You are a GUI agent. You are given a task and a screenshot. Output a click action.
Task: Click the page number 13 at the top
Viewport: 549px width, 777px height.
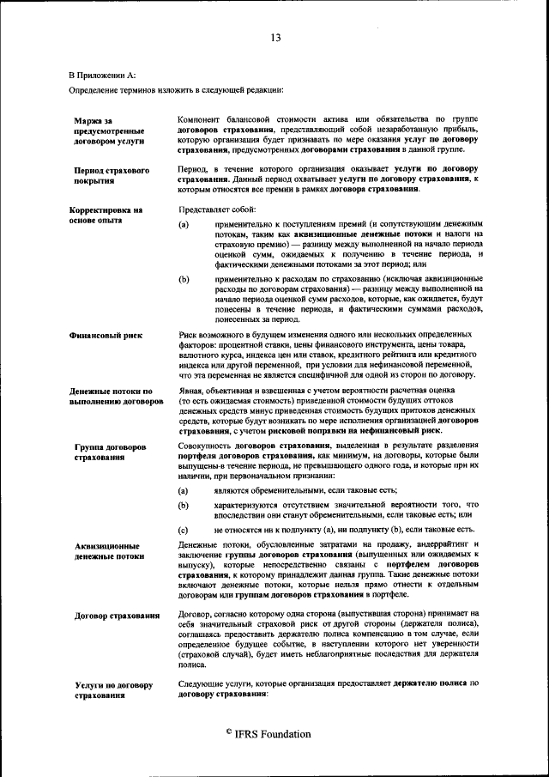click(x=274, y=37)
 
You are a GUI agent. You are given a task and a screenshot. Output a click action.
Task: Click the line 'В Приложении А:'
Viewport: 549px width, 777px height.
click(x=102, y=76)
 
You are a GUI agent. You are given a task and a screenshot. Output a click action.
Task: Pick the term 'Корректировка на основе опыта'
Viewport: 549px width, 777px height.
click(x=106, y=215)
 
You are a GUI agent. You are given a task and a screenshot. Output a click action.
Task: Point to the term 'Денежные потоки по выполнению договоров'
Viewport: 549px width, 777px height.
click(x=116, y=395)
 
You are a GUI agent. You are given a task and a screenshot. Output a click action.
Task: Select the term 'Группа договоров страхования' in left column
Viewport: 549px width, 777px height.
click(x=110, y=452)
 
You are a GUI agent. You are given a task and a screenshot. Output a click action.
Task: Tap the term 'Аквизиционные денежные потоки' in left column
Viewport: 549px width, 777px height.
click(x=108, y=550)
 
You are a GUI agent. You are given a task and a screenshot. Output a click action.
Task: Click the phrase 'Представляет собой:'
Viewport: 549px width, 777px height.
click(x=207, y=209)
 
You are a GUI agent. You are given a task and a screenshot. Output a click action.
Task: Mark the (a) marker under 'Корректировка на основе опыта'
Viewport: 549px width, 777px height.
click(x=183, y=225)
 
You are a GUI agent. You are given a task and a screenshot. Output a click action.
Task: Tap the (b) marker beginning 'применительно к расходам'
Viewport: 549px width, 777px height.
click(x=183, y=279)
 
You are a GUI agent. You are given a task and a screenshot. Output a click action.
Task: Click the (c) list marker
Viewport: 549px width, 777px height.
click(x=183, y=531)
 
